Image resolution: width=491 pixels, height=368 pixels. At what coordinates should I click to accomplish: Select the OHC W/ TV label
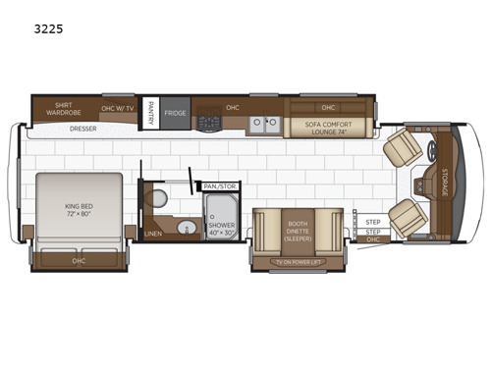point(119,109)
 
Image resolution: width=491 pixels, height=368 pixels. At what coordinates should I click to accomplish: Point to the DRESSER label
point(83,128)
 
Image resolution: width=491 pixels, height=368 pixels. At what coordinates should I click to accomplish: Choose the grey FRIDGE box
point(176,113)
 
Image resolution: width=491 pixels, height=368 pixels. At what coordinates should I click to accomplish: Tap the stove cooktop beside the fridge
point(208,122)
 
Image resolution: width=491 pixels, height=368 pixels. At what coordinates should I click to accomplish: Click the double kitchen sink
point(263,124)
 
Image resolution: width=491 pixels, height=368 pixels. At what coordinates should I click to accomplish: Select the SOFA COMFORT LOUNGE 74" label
point(327,125)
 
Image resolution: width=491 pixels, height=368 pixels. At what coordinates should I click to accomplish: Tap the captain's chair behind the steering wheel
point(402,147)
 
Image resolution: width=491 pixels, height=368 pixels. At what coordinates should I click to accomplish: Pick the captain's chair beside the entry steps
point(407,215)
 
